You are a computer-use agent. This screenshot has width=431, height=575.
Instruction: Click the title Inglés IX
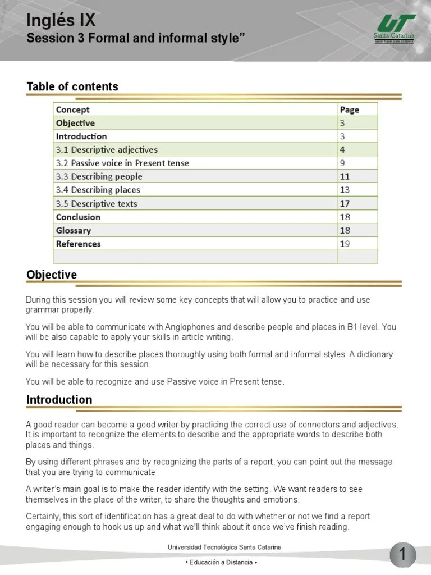[61, 21]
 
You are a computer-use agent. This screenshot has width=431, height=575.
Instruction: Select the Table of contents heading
[72, 86]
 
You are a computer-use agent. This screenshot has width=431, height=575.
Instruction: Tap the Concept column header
[73, 109]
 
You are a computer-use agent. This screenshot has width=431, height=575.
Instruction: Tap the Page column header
[349, 109]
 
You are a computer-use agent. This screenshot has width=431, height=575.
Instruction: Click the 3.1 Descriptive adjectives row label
[107, 150]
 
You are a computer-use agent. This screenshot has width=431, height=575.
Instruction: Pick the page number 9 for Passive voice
[342, 163]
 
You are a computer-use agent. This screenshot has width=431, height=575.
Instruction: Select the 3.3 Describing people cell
[99, 177]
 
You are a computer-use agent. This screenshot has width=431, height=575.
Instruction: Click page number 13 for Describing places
[345, 190]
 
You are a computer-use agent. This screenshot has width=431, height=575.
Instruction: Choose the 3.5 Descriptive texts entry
[97, 204]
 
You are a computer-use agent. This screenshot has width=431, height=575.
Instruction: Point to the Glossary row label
[74, 230]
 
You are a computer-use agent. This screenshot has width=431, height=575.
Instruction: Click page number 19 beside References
[345, 244]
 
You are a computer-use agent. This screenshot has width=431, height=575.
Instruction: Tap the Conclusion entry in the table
[78, 217]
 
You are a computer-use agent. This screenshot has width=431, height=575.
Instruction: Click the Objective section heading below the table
[52, 275]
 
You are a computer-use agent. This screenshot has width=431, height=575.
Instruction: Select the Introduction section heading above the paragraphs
[59, 400]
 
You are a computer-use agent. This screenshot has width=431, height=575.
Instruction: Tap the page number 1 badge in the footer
[402, 555]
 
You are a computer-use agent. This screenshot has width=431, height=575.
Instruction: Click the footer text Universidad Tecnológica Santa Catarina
[224, 547]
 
